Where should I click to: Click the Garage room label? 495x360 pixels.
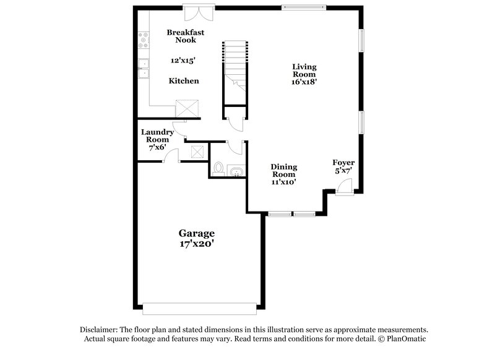click(197, 233)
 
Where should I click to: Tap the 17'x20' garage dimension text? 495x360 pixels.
click(197, 244)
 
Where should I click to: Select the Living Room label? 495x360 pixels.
click(304, 69)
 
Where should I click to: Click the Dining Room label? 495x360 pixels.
click(284, 171)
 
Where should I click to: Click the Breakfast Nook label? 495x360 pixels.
click(184, 36)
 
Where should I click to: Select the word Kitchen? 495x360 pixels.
click(184, 81)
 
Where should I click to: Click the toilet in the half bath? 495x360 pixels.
click(218, 168)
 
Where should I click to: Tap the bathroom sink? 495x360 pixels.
click(235, 171)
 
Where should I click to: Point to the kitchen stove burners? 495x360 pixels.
click(144, 41)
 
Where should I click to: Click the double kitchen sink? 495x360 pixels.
click(144, 68)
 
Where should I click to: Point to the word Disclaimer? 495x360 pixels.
click(99, 330)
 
